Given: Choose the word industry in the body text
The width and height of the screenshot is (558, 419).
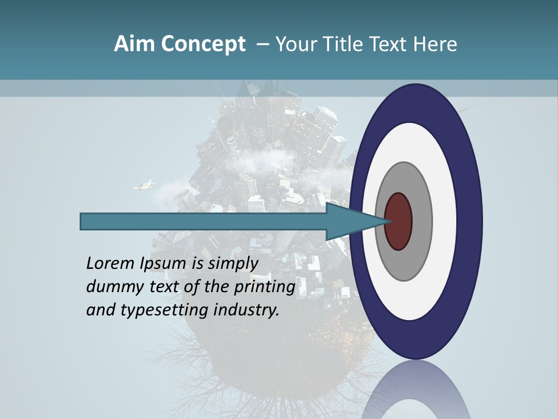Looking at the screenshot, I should [x=246, y=310].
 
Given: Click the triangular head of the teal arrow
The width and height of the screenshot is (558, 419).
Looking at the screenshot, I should [x=355, y=221].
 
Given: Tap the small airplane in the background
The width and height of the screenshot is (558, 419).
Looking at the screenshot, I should [x=144, y=186].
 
